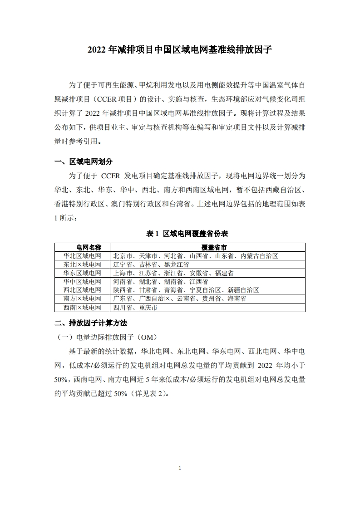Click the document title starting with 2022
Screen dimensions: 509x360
180,50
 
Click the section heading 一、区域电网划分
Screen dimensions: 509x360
83,162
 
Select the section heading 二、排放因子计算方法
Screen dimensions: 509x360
90,323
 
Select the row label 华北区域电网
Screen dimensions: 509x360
83,256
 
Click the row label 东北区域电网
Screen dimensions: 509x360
83,264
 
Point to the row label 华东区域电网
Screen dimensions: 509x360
83,273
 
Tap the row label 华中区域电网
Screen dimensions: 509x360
83,282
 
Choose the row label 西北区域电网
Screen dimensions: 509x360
83,290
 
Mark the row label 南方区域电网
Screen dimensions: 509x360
83,299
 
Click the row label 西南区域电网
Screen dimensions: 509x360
83,308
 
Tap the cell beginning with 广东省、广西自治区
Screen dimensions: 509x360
180,299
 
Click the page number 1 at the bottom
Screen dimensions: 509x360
180,468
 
